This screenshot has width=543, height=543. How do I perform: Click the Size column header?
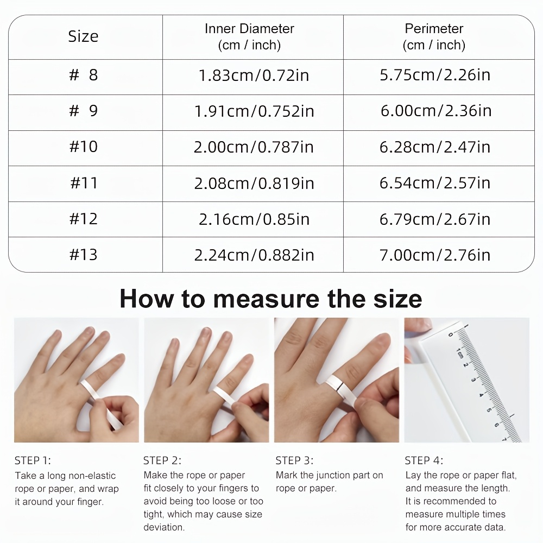[x=83, y=36]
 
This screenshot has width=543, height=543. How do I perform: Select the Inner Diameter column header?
[x=249, y=37]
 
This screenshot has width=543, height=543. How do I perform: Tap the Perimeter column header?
[x=434, y=37]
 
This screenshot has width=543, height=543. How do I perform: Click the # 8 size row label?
[x=84, y=75]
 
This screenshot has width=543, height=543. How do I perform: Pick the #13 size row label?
[x=84, y=255]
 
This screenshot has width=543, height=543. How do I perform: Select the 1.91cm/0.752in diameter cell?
[x=254, y=111]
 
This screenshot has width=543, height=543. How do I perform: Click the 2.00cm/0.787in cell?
[x=254, y=147]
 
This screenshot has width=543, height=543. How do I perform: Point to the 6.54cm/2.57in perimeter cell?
[x=435, y=183]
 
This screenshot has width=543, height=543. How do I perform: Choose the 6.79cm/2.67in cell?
[x=435, y=219]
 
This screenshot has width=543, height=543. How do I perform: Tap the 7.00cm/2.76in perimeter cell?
[x=435, y=255]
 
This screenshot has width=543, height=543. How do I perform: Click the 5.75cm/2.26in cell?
[x=435, y=75]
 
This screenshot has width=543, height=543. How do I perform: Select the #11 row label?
[x=84, y=183]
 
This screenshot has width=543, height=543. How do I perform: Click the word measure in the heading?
[x=266, y=299]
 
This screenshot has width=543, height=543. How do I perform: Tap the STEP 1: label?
[x=33, y=460]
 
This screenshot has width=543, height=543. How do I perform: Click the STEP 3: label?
[x=294, y=460]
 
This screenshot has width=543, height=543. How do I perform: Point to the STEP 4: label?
[x=424, y=460]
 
